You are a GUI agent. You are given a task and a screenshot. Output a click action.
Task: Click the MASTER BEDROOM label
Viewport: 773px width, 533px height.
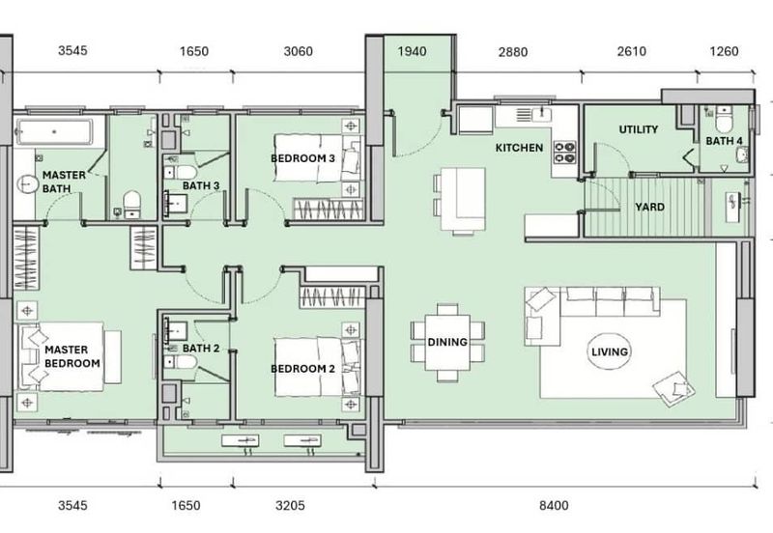[x=72, y=355]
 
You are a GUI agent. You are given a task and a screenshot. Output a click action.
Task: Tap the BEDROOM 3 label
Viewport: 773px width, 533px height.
[x=302, y=157]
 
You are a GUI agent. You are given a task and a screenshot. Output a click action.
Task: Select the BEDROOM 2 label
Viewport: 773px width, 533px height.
[x=302, y=369]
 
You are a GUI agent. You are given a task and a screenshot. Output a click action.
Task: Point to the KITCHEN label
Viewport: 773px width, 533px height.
[x=519, y=148]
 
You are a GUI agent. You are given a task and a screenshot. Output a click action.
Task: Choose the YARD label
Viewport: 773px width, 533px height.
[x=647, y=206]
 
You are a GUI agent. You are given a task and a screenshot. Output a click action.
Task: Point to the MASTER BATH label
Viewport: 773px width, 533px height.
[x=64, y=182]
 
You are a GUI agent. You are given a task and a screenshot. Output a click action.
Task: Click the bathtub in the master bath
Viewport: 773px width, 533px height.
[x=54, y=130]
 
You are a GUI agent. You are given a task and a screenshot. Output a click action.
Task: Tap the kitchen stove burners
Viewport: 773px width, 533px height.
[x=564, y=151]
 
